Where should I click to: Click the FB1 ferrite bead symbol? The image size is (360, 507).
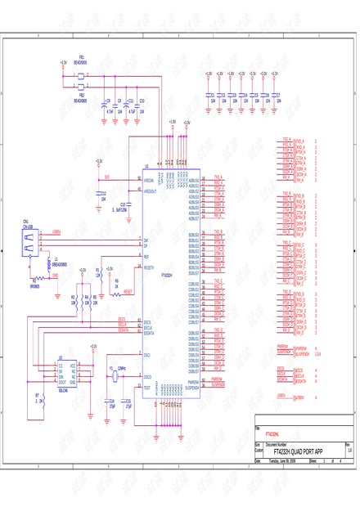[x=82, y=74]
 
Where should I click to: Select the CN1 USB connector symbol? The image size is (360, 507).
[x=29, y=240]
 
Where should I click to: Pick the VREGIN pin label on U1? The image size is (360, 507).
[x=149, y=180]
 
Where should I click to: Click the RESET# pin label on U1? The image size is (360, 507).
[x=149, y=267]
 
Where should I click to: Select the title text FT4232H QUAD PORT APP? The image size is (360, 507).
[x=298, y=451]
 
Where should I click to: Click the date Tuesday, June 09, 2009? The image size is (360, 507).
[x=284, y=461]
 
